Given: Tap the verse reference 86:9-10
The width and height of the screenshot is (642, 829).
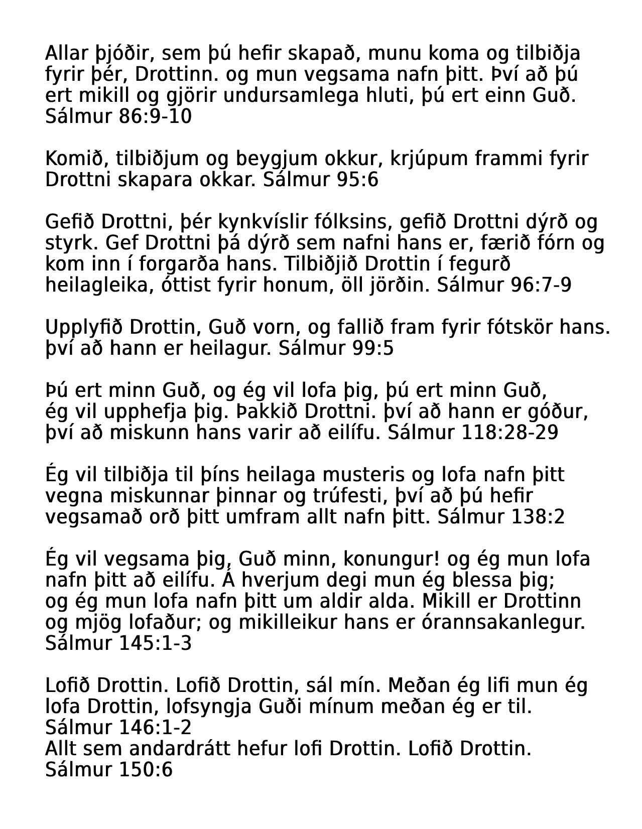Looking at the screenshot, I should point(156,116).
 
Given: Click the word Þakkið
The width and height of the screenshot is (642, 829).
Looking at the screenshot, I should point(266,412).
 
